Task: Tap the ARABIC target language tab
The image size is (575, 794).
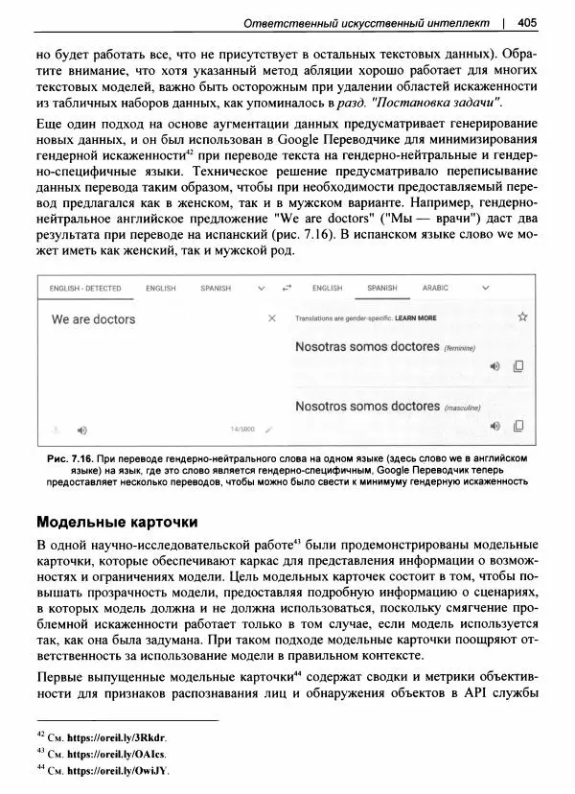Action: pyautogui.click(x=435, y=288)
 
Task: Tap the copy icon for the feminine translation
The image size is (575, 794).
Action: pyautogui.click(x=518, y=366)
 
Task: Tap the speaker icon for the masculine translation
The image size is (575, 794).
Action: pyautogui.click(x=495, y=426)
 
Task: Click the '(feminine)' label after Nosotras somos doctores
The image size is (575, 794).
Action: pyautogui.click(x=460, y=349)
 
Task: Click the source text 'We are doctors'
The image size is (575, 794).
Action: pyautogui.click(x=93, y=319)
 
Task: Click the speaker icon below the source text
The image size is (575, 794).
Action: pyautogui.click(x=81, y=430)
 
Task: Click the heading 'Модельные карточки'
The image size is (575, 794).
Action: pyautogui.click(x=116, y=523)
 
